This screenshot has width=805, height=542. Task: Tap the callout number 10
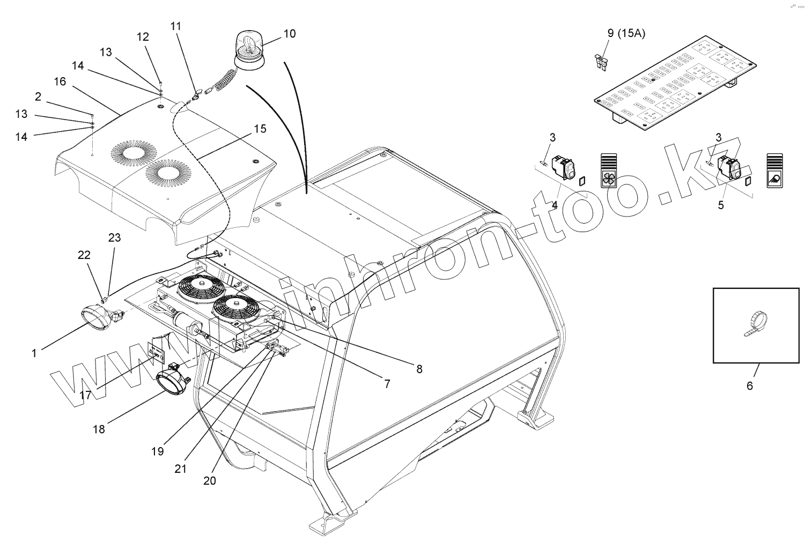[x=289, y=34]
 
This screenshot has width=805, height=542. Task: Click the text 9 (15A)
[x=626, y=33]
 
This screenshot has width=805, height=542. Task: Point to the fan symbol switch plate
[x=609, y=170]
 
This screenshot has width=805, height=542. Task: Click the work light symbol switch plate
[x=775, y=170]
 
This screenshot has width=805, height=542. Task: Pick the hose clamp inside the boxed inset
[x=756, y=324]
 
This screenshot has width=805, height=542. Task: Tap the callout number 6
[x=750, y=386]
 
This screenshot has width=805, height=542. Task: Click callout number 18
[x=99, y=429]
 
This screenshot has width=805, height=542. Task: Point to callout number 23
[x=115, y=237]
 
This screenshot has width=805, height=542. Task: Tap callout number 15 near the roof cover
[x=260, y=129]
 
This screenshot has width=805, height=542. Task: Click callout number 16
[x=60, y=81]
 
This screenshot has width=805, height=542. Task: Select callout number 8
[x=419, y=369]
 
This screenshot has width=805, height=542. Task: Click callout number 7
[x=387, y=384]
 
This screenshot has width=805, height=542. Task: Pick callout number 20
[x=210, y=480]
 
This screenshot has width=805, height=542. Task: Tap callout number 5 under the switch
[x=721, y=205]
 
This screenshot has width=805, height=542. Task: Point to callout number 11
[x=176, y=26]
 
